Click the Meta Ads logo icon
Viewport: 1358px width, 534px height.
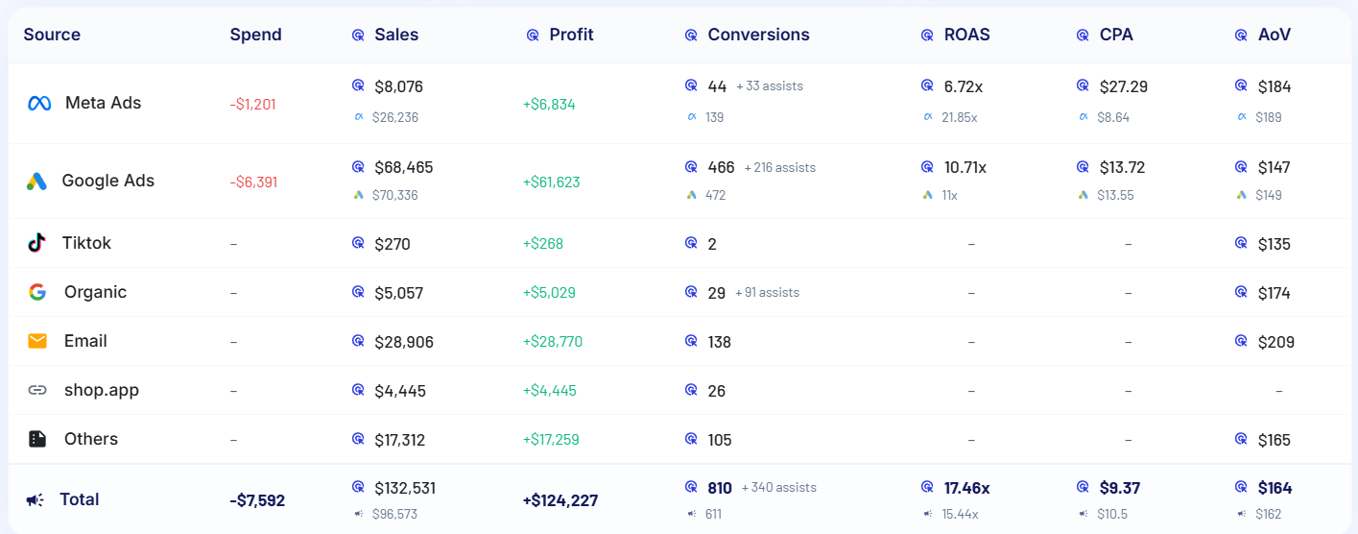coord(39,104)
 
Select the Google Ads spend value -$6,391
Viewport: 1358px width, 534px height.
coord(253,182)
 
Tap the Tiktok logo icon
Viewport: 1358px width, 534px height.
coord(36,243)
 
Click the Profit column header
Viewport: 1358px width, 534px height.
coord(571,35)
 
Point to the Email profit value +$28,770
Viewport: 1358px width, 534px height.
coord(552,342)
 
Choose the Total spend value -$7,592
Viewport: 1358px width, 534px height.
coord(257,500)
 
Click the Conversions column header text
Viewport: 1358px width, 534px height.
coord(758,35)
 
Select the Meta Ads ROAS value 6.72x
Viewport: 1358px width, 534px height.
coord(963,86)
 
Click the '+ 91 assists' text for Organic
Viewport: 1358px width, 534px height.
coord(767,292)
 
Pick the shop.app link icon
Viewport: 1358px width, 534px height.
coord(37,390)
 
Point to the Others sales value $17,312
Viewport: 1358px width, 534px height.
coord(399,440)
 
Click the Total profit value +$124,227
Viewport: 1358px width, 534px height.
coord(560,500)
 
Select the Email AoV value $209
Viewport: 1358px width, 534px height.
coord(1275,342)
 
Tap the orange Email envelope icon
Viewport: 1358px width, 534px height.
coord(37,341)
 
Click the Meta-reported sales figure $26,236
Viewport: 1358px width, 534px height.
coord(394,117)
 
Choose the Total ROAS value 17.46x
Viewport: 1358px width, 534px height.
coord(966,488)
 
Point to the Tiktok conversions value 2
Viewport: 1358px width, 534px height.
coord(712,244)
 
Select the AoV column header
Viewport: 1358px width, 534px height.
coord(1274,35)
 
